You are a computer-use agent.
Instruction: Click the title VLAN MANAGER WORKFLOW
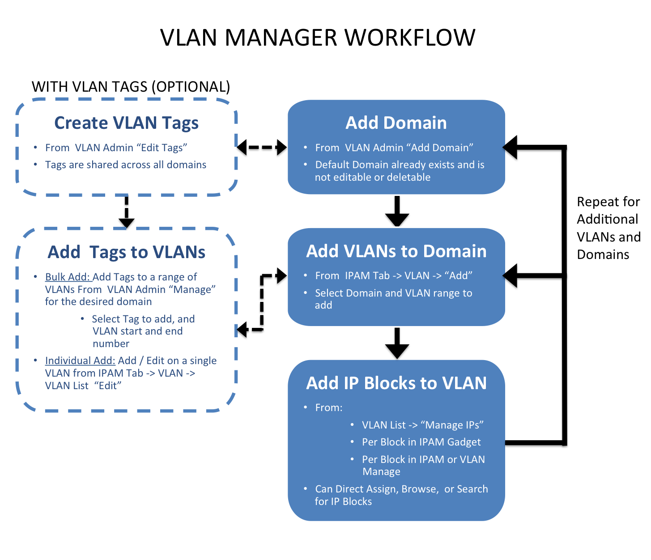[318, 37]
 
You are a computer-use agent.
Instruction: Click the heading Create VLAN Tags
[126, 123]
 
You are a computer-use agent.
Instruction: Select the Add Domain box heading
[396, 123]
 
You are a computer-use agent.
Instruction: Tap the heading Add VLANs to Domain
[396, 251]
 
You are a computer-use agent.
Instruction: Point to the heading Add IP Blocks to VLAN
[396, 383]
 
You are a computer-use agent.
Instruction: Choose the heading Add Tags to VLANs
[126, 252]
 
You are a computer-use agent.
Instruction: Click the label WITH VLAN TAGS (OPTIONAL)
[131, 86]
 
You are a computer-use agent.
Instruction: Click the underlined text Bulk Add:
[68, 277]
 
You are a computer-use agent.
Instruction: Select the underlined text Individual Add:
[80, 361]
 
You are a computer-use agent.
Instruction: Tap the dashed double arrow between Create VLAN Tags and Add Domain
[262, 147]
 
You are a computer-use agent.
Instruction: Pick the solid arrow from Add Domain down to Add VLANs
[397, 211]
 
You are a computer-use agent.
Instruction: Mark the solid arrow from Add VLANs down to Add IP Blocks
[397, 343]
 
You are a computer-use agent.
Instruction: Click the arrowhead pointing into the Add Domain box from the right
[511, 147]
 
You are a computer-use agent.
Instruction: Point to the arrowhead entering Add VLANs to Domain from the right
[511, 276]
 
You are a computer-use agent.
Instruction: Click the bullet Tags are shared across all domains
[126, 165]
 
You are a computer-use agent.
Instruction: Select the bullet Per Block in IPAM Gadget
[421, 442]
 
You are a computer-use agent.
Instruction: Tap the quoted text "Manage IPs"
[452, 425]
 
